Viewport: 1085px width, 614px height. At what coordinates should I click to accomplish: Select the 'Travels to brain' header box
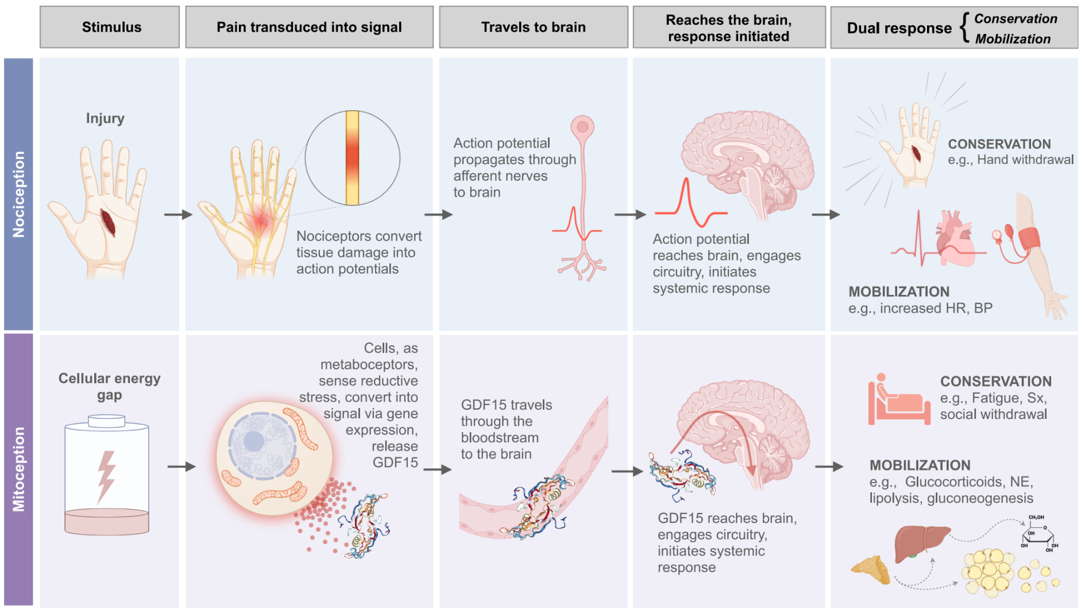point(534,27)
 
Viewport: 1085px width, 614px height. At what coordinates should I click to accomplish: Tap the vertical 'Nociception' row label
point(18,194)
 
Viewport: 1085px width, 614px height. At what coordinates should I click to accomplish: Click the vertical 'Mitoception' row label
point(18,469)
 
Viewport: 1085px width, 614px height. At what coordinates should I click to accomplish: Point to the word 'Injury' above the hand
point(105,119)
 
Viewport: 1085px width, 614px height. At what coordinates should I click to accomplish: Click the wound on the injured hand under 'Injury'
point(108,223)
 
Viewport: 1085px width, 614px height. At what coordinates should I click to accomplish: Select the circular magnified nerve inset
point(353,158)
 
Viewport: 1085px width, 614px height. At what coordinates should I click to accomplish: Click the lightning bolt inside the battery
point(106,476)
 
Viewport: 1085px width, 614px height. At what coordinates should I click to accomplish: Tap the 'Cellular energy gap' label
point(110,387)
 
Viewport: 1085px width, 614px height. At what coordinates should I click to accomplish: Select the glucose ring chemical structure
point(1040,534)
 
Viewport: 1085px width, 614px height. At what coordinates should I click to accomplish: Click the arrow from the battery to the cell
point(182,467)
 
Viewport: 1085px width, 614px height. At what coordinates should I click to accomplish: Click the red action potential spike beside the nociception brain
point(691,204)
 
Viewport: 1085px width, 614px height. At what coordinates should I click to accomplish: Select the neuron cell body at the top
point(582,127)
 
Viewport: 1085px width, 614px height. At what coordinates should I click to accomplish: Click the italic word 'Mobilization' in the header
point(1013,39)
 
